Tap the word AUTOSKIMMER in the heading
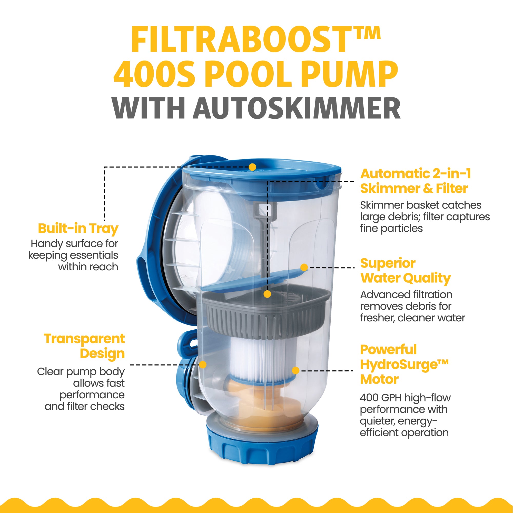point(297,108)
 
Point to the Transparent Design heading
point(84,347)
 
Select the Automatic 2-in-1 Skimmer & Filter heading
point(416,181)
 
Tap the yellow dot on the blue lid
point(252,167)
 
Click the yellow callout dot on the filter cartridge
point(295,370)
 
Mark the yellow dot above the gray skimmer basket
point(267,294)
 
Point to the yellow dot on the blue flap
point(304,267)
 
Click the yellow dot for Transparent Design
point(203,364)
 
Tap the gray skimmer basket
point(265,311)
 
